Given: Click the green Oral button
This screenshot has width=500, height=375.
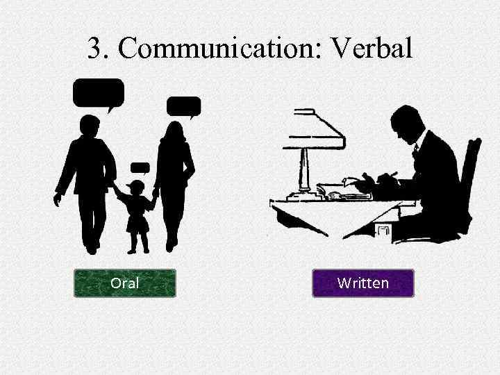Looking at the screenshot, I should click(125, 283).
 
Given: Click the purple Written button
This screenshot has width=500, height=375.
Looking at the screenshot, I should click(362, 283).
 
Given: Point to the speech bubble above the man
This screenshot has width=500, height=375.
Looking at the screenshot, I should click(98, 93).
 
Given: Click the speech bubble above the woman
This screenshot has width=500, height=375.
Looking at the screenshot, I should click(184, 106).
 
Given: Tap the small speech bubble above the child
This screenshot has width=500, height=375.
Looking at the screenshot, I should click(140, 167).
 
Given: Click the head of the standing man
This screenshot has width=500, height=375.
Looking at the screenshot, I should click(90, 127).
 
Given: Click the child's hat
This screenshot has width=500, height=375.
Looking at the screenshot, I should click(136, 185).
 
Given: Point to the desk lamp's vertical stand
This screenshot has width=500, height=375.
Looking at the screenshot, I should click(304, 167).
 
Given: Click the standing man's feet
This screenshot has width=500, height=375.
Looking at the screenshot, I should click(91, 247).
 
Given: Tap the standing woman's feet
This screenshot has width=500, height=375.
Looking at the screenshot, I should click(171, 244).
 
